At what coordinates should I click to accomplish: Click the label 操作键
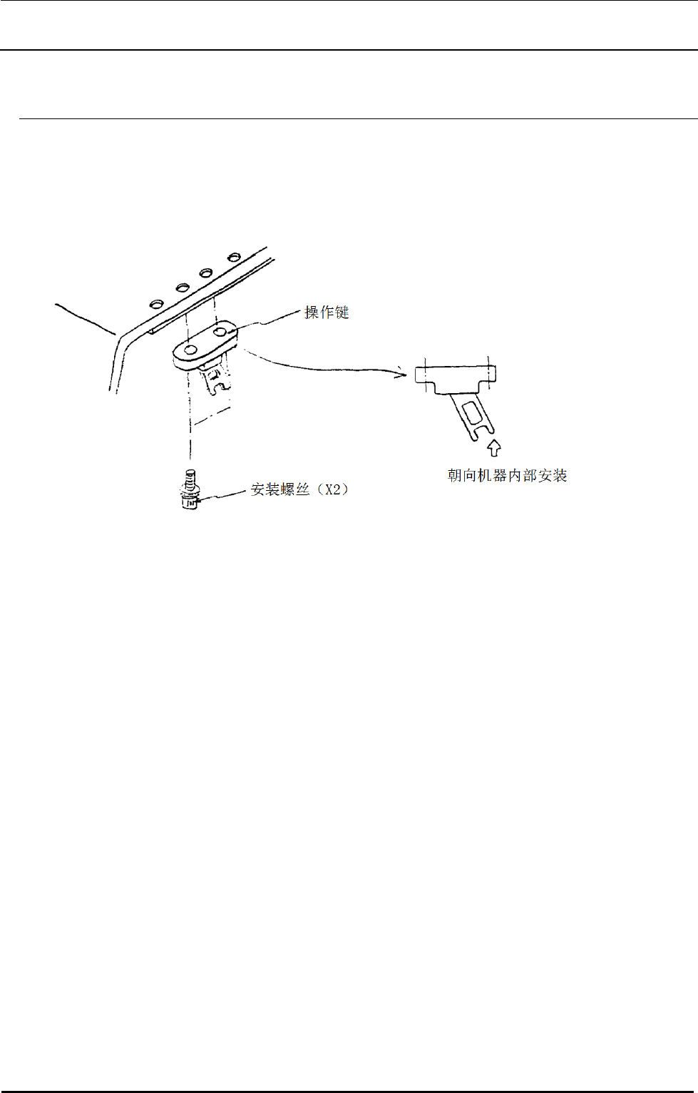tap(327, 312)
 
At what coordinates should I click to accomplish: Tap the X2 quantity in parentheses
tap(333, 490)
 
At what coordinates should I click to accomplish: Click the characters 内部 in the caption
tap(523, 476)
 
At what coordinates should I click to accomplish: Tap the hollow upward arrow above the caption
tap(494, 448)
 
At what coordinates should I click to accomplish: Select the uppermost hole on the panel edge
tap(233, 257)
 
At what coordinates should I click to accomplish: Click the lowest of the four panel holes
tap(156, 304)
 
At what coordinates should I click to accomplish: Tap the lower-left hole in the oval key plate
tap(190, 350)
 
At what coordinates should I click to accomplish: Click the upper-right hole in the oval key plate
tap(220, 332)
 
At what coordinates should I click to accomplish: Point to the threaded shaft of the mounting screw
tap(190, 477)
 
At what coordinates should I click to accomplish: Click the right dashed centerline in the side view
tap(489, 372)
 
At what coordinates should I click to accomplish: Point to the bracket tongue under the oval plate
tap(216, 378)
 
